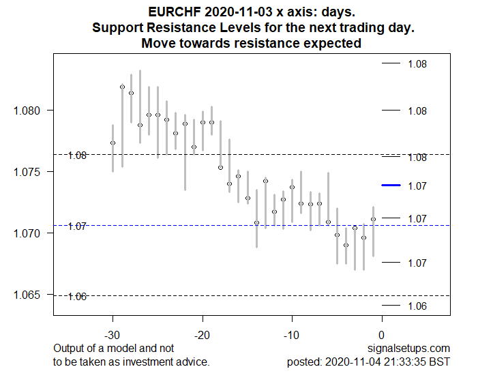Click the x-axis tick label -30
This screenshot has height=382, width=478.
(x=113, y=335)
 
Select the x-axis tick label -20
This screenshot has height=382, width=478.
(x=203, y=335)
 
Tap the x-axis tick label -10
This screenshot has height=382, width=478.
(x=292, y=335)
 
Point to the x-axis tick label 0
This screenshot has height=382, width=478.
(x=382, y=335)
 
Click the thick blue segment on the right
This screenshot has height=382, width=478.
(x=391, y=186)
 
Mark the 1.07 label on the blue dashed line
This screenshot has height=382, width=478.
(x=78, y=226)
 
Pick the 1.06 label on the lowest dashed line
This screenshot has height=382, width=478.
(x=78, y=296)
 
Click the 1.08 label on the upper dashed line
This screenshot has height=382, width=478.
(x=78, y=156)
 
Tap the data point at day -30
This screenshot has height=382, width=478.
(x=113, y=143)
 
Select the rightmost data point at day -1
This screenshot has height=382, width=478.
(x=373, y=219)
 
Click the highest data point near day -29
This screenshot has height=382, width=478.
(x=122, y=87)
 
